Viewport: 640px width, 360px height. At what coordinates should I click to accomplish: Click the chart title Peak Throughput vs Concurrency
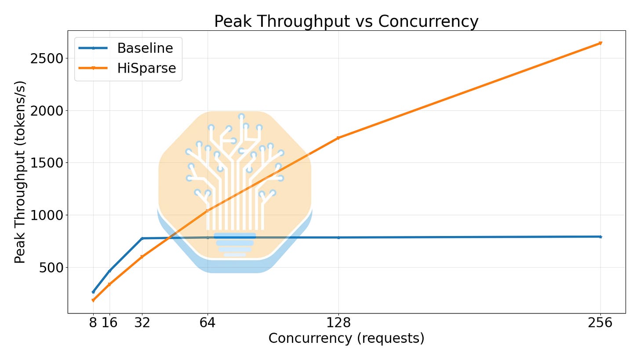click(346, 22)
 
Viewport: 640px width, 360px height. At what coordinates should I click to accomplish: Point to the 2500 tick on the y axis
click(47, 58)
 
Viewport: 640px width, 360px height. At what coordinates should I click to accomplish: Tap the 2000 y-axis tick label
click(47, 111)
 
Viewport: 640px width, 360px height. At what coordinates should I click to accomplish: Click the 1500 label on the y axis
click(47, 163)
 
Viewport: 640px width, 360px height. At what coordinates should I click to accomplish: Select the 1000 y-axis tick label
click(47, 215)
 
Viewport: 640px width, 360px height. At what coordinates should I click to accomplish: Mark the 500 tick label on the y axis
click(51, 268)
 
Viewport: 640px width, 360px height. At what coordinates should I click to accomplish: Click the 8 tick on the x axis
click(93, 323)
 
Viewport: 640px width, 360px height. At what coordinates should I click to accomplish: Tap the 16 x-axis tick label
click(110, 323)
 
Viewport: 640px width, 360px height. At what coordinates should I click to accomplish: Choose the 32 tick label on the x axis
click(142, 323)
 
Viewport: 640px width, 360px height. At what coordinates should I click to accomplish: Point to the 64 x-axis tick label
click(207, 323)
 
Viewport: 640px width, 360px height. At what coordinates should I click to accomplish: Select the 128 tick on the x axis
click(338, 323)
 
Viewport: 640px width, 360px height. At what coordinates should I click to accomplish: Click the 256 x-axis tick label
click(600, 323)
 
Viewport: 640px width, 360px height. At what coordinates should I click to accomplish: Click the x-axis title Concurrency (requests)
click(346, 338)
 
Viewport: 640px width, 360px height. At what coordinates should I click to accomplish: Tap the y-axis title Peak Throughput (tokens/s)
click(20, 172)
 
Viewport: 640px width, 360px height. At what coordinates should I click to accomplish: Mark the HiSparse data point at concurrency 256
click(600, 43)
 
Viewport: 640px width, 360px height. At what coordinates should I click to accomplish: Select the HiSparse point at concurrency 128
click(338, 138)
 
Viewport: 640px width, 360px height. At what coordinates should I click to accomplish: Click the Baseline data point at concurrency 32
click(142, 238)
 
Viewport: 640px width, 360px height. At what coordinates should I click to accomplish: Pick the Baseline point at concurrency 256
click(600, 236)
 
